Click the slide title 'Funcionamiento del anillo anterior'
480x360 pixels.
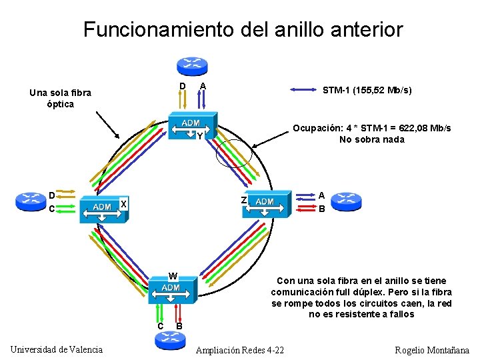point(243,29)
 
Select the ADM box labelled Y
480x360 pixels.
point(191,127)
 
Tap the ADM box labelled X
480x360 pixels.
point(102,209)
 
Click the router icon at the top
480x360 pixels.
point(192,65)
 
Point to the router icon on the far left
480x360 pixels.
point(30,199)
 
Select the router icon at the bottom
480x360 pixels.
point(170,341)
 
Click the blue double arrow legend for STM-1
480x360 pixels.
point(300,90)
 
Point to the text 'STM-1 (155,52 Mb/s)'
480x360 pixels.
point(367,90)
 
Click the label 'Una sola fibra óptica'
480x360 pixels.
point(60,99)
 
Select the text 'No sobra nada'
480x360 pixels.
point(371,139)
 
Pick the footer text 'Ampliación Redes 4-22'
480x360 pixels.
point(240,350)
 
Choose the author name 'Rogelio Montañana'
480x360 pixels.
point(432,350)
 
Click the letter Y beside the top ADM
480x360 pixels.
point(199,137)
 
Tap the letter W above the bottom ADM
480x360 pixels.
point(173,276)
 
